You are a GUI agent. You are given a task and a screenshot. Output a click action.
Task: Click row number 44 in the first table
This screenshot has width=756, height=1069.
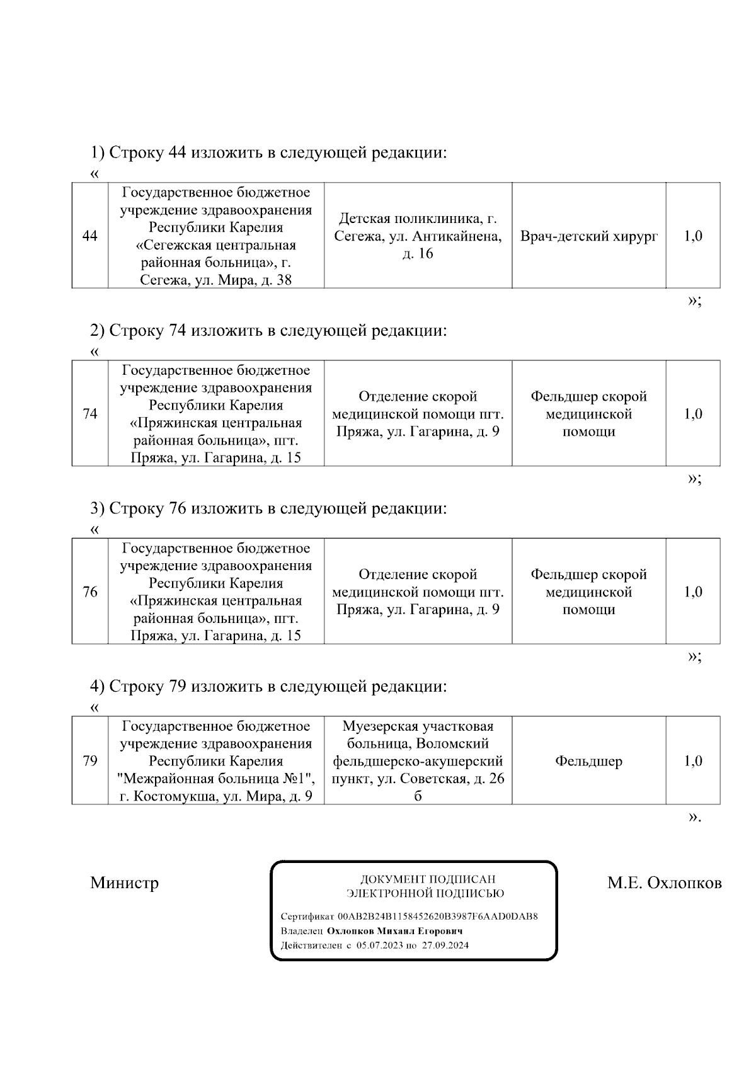(90, 236)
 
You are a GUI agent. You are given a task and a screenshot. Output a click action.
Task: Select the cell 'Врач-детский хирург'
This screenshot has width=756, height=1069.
(589, 236)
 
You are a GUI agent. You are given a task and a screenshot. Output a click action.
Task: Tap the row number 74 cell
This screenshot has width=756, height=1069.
(90, 414)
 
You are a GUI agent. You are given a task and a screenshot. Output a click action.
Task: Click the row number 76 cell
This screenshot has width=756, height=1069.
(90, 592)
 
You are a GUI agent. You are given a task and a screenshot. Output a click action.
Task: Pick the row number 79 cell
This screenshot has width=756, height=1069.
(90, 761)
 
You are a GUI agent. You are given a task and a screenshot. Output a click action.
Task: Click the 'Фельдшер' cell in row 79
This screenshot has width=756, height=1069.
(588, 761)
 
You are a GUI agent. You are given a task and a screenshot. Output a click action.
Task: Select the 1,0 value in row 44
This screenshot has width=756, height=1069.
(693, 236)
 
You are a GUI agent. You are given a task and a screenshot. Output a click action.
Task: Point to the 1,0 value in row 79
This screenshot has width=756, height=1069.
(693, 761)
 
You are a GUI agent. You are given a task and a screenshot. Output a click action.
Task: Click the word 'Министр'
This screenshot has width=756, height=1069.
(124, 883)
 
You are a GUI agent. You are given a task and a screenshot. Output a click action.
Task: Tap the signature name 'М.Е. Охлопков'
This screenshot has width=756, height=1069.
(664, 883)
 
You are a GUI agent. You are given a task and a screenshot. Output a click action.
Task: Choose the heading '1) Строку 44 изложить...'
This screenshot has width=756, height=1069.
(269, 152)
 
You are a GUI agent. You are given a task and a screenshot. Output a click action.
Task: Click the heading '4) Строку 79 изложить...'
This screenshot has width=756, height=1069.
(269, 686)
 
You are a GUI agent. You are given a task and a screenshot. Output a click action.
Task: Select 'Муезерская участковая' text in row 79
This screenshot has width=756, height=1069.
(418, 726)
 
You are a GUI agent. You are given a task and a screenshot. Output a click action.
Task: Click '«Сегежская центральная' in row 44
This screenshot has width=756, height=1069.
(216, 245)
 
